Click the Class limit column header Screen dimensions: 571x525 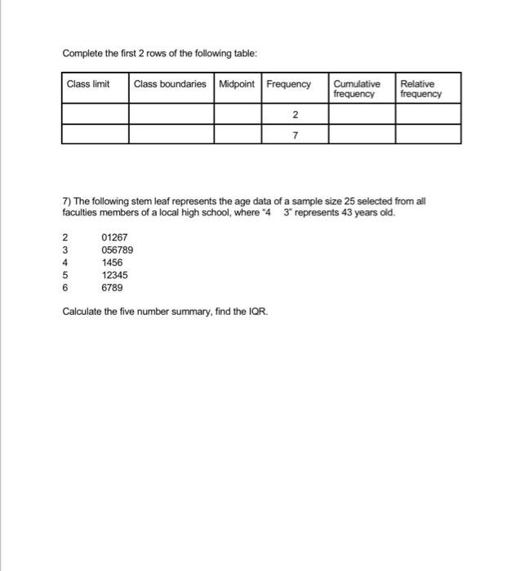[87, 84]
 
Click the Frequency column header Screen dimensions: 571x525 [288, 84]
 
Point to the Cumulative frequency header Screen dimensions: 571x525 [357, 89]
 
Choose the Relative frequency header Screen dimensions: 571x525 [420, 89]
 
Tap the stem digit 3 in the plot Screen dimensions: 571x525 [65, 251]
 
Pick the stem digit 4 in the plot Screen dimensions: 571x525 [65, 263]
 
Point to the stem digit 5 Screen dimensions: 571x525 [65, 276]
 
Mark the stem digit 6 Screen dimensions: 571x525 [65, 288]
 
